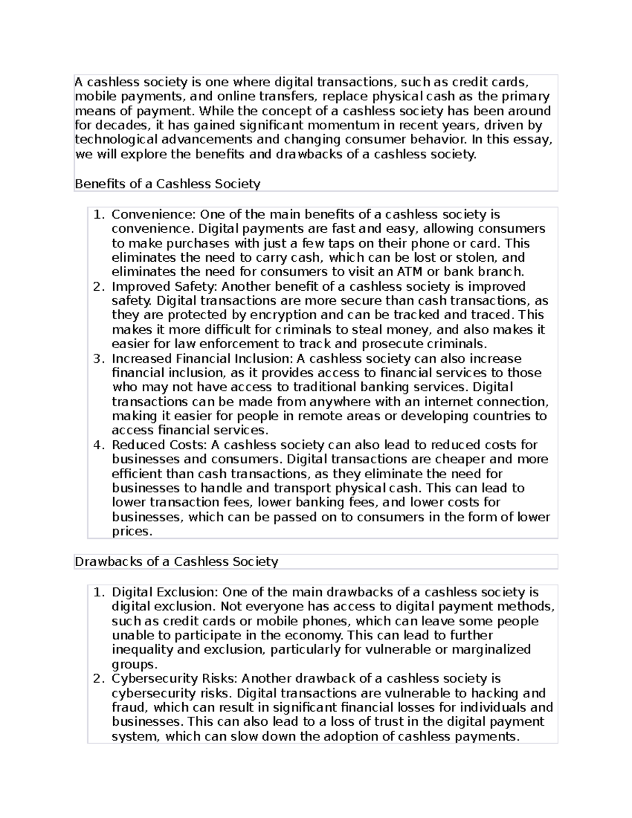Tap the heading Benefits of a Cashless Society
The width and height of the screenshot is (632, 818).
(x=167, y=184)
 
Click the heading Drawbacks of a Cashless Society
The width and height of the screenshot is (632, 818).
(x=176, y=561)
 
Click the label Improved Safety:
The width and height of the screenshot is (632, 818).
(x=165, y=287)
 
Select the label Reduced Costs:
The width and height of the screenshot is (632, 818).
(x=159, y=445)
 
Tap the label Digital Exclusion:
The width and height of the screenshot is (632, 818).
(x=165, y=592)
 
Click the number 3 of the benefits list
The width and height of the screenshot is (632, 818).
(x=97, y=359)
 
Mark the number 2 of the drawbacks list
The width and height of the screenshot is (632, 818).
(x=97, y=678)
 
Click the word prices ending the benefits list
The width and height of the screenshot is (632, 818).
(x=132, y=531)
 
